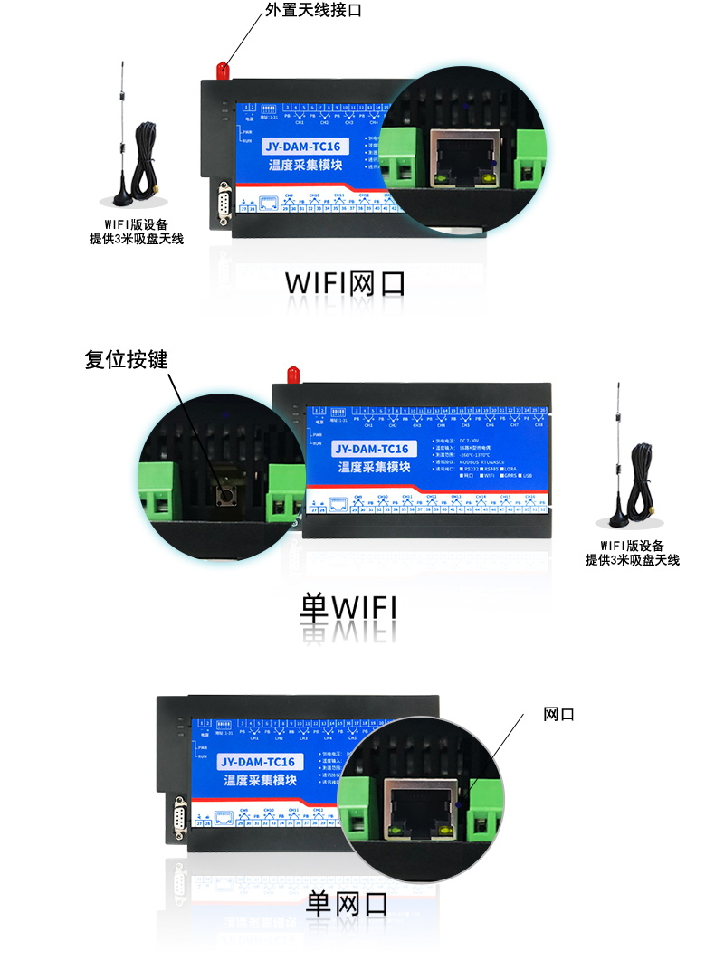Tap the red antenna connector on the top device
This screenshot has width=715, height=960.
tap(222, 69)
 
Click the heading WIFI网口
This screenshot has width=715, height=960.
tap(345, 282)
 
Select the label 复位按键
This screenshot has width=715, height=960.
tap(126, 359)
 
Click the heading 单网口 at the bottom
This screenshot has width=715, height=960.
tap(347, 902)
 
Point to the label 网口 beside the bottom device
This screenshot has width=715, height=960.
tap(558, 715)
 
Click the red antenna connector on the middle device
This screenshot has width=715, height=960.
tap(292, 373)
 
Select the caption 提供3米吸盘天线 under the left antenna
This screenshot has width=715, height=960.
tap(136, 239)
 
